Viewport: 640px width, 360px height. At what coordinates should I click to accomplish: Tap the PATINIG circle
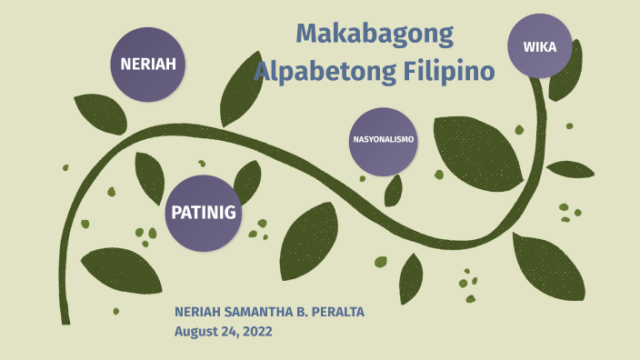coord(203,213)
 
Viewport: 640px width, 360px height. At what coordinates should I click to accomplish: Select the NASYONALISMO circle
coord(383,141)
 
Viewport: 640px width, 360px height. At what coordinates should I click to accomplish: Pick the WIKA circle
coord(539,46)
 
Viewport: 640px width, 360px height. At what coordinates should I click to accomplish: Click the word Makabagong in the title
coord(375,35)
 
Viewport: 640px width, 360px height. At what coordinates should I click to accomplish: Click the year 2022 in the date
coord(255,331)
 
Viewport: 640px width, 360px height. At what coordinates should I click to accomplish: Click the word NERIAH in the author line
coord(197,313)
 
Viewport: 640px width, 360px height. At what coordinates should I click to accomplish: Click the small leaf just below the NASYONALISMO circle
coord(394,190)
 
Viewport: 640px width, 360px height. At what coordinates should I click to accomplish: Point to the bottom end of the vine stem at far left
coord(65,318)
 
